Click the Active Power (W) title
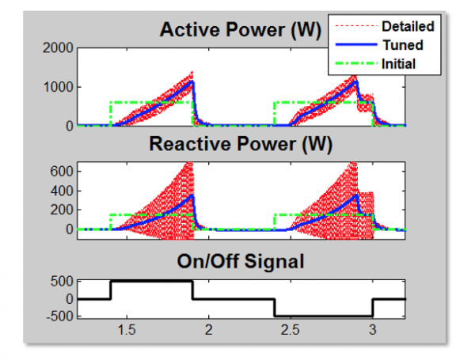click(241, 31)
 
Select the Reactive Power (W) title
click(241, 145)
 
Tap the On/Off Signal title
click(241, 260)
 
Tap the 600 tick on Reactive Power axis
click(63, 171)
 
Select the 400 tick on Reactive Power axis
click(63, 190)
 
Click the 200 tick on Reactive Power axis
click(63, 210)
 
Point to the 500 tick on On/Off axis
click(63, 281)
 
